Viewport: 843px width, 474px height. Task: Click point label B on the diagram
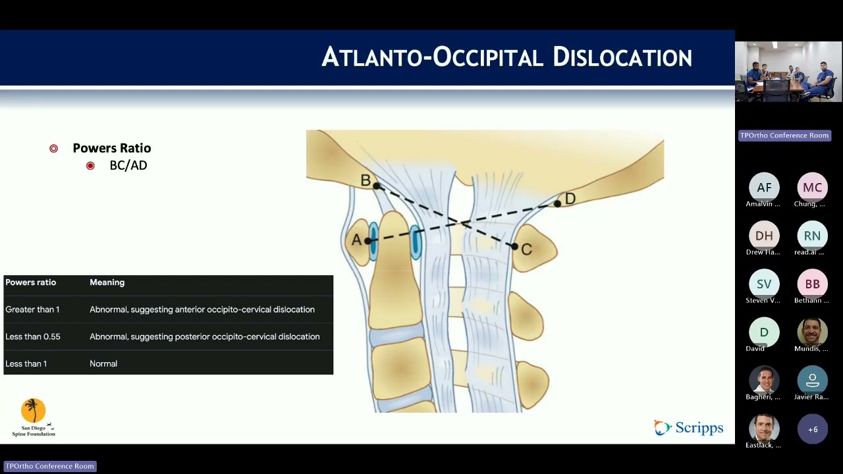pyautogui.click(x=366, y=180)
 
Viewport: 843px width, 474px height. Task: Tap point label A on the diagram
pyautogui.click(x=356, y=240)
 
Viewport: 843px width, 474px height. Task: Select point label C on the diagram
pyautogui.click(x=526, y=250)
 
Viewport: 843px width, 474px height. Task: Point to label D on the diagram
pyautogui.click(x=570, y=198)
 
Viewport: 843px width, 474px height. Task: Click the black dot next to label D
pyautogui.click(x=557, y=204)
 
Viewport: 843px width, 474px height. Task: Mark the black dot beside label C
pyautogui.click(x=514, y=246)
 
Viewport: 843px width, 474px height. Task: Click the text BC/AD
pyautogui.click(x=128, y=165)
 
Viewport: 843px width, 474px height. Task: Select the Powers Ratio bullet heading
pyautogui.click(x=112, y=148)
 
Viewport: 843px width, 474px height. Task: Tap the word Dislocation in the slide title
pyautogui.click(x=622, y=57)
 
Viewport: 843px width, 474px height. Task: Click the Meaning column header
pyautogui.click(x=107, y=282)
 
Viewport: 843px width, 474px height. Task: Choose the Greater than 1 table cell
pyautogui.click(x=32, y=309)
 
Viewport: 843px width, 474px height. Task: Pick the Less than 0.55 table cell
pyautogui.click(x=33, y=336)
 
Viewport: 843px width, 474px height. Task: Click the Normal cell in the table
pyautogui.click(x=103, y=363)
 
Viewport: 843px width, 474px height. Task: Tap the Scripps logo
pyautogui.click(x=689, y=428)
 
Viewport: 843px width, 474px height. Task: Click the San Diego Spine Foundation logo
pyautogui.click(x=34, y=417)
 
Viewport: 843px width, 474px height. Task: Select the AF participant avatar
pyautogui.click(x=764, y=188)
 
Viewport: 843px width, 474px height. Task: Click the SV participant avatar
pyautogui.click(x=764, y=284)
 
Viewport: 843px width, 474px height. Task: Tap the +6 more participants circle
pyautogui.click(x=813, y=429)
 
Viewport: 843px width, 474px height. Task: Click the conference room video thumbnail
pyautogui.click(x=788, y=72)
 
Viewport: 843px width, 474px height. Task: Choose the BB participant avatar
pyautogui.click(x=812, y=284)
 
